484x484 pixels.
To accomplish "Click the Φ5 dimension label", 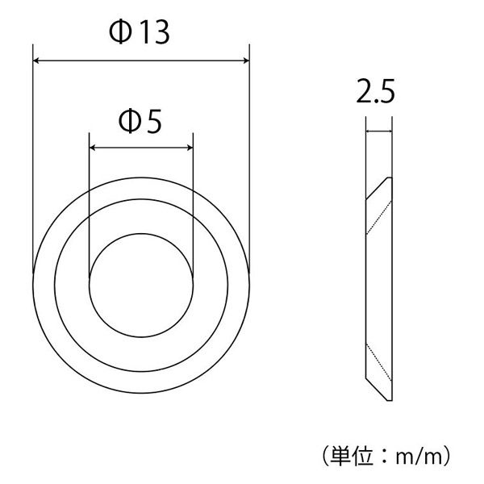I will click(x=140, y=121).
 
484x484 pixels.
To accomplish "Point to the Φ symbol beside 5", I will click(x=129, y=121).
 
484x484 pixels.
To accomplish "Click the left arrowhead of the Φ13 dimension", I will click(x=36, y=60).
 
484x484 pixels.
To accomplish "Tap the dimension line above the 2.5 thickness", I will click(x=378, y=131).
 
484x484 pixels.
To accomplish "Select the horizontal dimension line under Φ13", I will click(x=141, y=60).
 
